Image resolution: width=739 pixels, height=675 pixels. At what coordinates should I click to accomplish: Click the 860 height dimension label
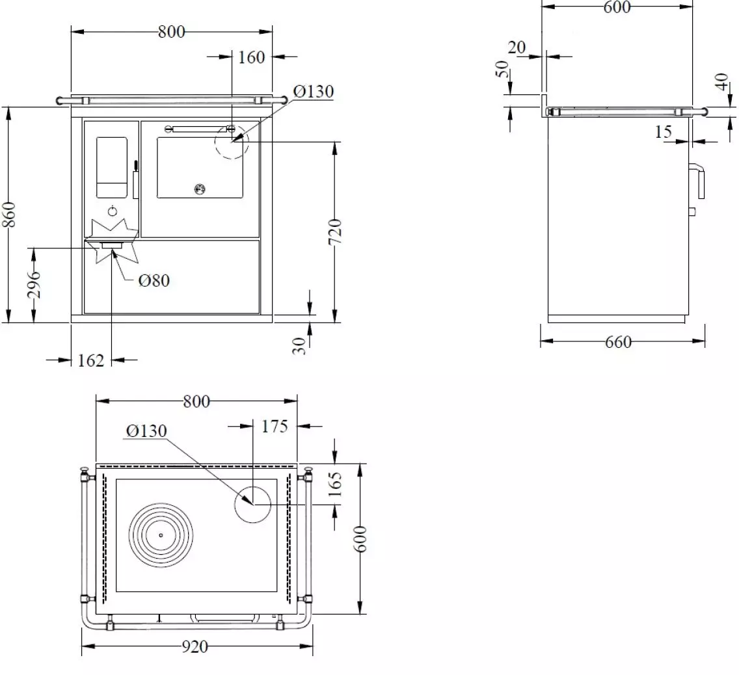(x=9, y=215)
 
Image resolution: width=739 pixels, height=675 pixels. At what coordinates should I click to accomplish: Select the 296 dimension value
(x=34, y=285)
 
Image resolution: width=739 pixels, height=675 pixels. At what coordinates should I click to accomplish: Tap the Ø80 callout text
(x=154, y=281)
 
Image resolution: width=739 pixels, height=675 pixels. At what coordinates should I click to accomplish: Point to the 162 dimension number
(x=90, y=360)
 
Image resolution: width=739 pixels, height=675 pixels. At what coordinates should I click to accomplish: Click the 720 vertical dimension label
(x=334, y=232)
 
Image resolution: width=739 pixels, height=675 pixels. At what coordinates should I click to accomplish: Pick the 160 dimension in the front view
(x=251, y=57)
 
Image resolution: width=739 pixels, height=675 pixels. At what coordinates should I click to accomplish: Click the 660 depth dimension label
(x=618, y=342)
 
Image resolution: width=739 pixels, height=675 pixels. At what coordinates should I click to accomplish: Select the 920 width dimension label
(x=195, y=647)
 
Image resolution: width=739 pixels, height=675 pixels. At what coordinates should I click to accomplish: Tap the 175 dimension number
(x=275, y=427)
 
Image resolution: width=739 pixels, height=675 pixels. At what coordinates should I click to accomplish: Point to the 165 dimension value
(x=334, y=484)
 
